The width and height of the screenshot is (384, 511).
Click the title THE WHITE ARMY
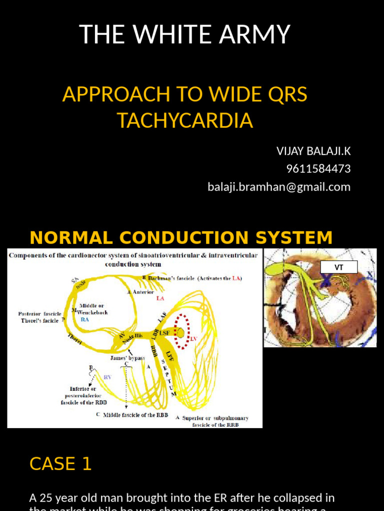[184, 34]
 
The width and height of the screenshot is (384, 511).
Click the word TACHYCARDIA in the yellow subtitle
[184, 120]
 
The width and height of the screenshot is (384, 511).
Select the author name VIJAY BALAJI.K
[313, 151]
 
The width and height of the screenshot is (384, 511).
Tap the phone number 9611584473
[318, 169]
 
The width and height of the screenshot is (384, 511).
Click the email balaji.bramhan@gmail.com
[279, 187]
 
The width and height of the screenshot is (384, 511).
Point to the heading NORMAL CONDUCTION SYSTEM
[181, 238]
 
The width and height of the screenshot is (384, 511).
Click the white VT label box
[338, 267]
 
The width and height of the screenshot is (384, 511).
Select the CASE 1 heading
[60, 464]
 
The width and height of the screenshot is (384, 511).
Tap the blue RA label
[85, 319]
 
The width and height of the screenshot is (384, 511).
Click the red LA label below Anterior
[160, 298]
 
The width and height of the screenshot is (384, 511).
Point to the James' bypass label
[127, 358]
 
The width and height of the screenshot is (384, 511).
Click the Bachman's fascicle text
[195, 278]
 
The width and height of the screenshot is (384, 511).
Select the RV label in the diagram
[107, 378]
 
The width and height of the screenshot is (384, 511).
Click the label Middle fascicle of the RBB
[135, 415]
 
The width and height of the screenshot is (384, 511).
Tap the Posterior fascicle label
[40, 314]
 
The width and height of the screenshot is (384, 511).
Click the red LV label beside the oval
[194, 339]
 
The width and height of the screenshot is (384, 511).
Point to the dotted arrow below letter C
[126, 387]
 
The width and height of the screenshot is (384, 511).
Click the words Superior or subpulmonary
[215, 418]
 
